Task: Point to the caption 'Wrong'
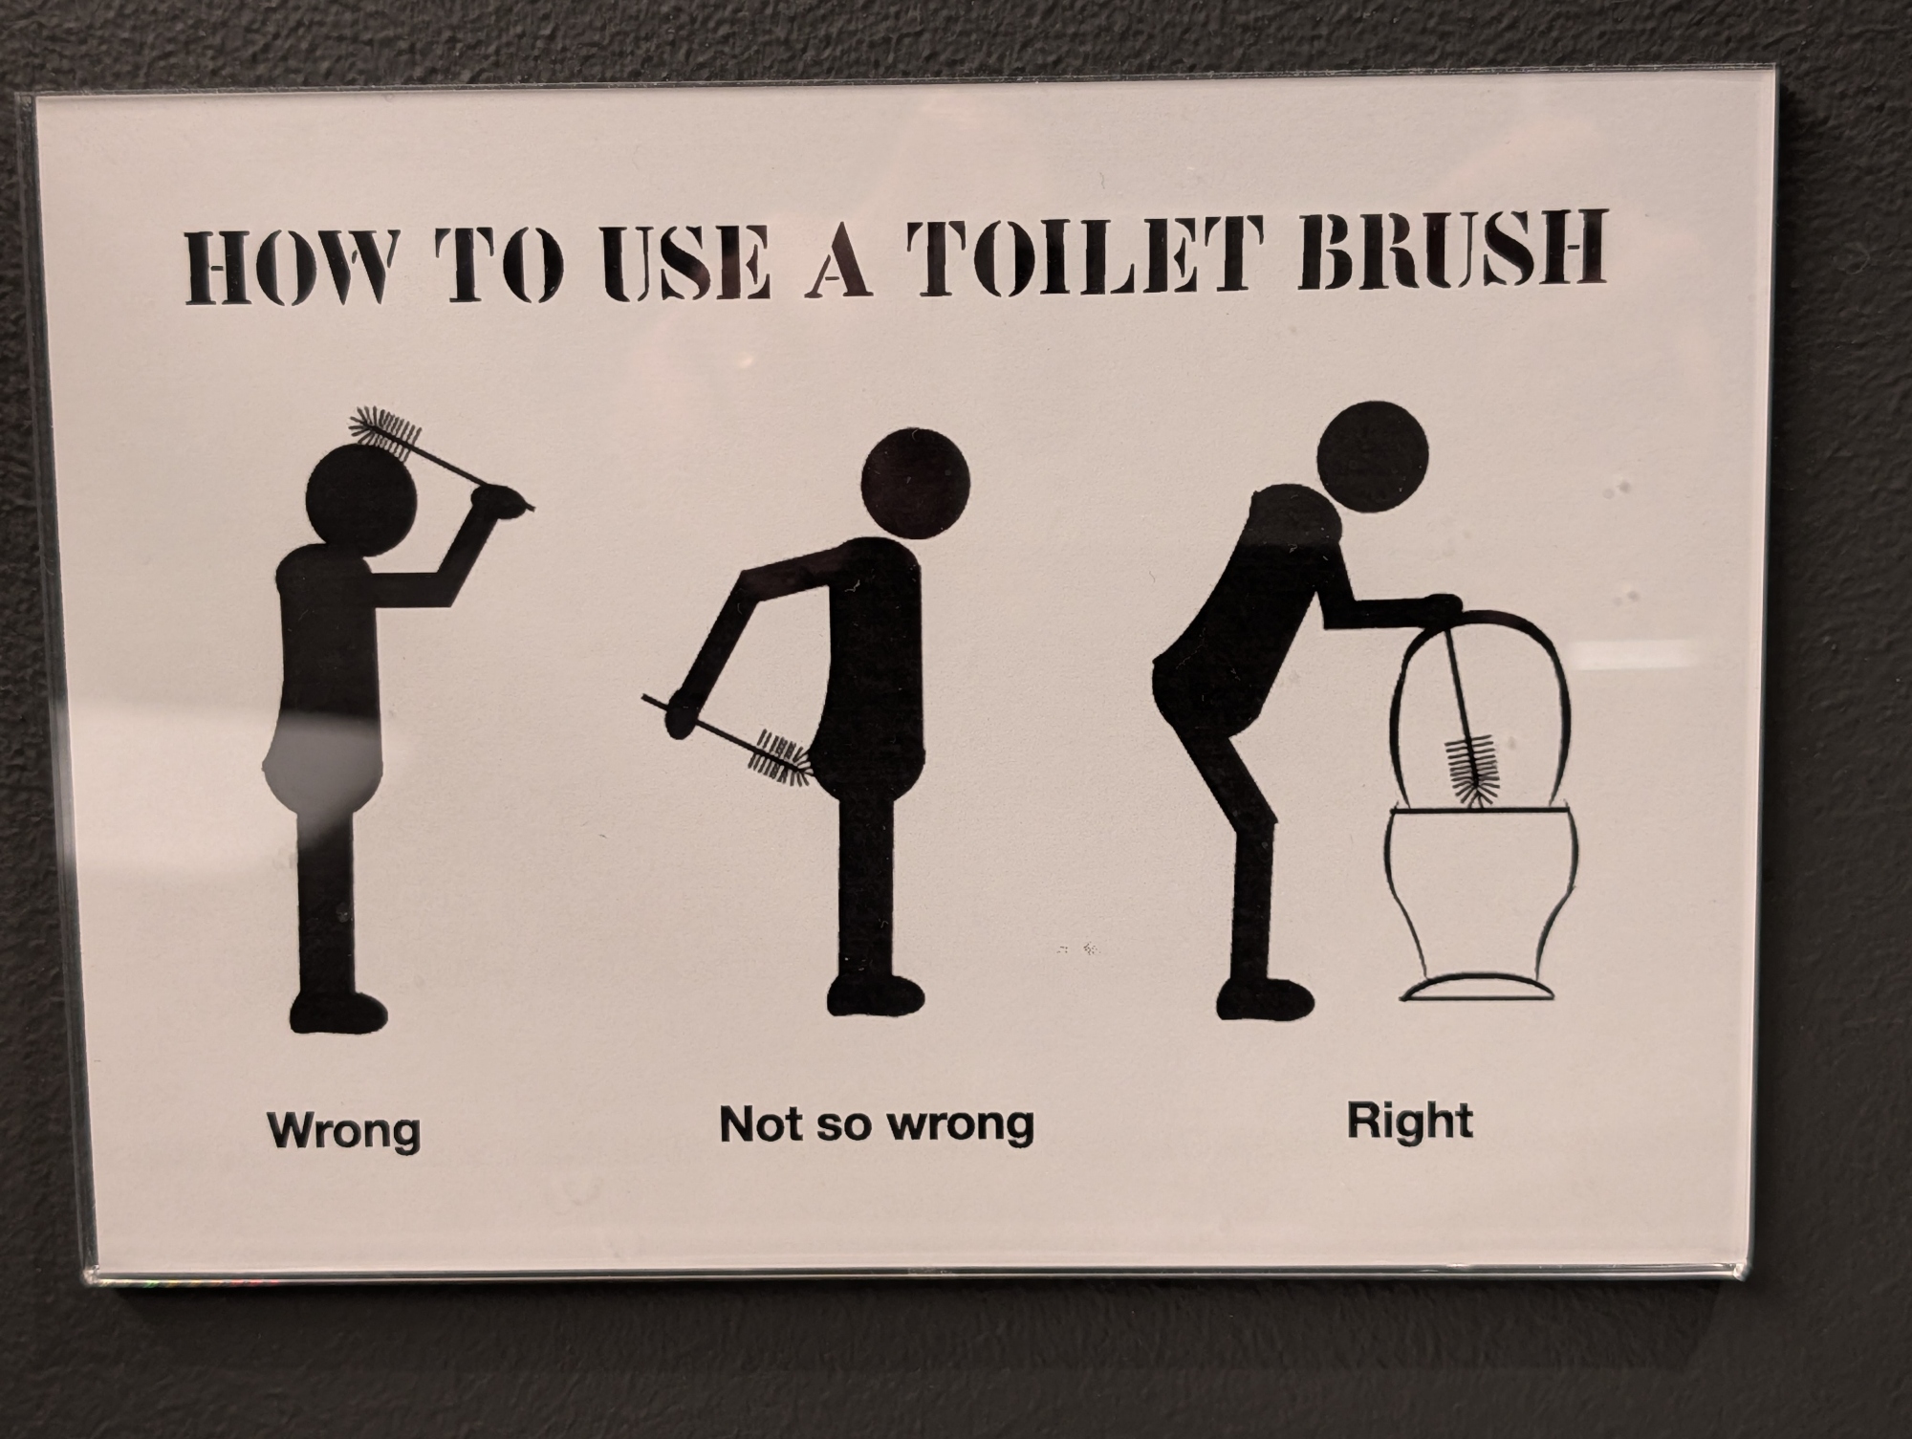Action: click(x=344, y=1130)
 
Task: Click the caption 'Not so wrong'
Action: click(x=877, y=1123)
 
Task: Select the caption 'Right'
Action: click(x=1410, y=1120)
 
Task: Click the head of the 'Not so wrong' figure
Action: click(x=916, y=481)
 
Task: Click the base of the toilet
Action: click(x=1477, y=990)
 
